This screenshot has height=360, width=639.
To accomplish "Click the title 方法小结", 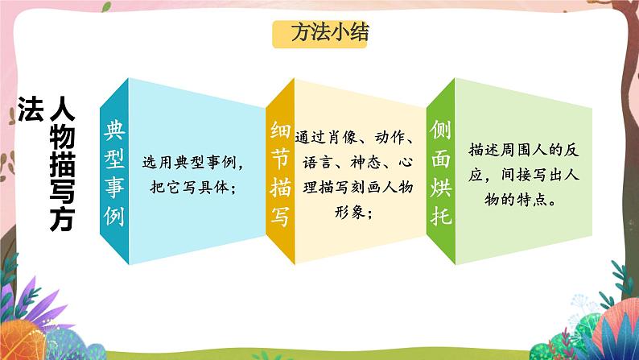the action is point(330,32).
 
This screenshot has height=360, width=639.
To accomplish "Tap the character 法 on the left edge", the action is point(31,110).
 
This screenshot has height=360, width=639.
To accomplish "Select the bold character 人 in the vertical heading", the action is point(62,109).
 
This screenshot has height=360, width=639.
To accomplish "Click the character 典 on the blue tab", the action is point(114,130).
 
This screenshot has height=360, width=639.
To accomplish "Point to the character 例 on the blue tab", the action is point(114,215).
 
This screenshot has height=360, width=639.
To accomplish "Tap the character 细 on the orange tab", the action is point(280,130).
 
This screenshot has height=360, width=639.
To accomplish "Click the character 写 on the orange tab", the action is point(280,216).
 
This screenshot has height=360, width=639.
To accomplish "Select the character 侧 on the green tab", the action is point(440,130).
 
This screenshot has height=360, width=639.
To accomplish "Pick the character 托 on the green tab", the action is point(440,216).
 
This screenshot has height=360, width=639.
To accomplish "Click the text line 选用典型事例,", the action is point(193,163).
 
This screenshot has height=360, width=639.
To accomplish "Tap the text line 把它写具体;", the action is point(193,187).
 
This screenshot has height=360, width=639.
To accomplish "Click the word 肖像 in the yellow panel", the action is point(341,138).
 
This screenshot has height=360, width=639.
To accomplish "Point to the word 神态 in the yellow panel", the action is point(365,162).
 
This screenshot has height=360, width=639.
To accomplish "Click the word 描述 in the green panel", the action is point(484,150).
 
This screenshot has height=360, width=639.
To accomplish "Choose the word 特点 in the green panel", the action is point(532,200).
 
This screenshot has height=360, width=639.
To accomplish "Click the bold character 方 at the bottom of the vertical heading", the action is point(62,219).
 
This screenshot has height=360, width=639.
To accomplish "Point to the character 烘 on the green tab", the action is point(440,187).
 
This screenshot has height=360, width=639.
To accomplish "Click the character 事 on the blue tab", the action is point(114,187).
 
